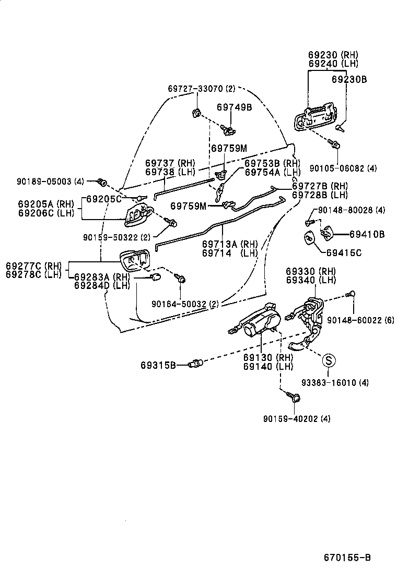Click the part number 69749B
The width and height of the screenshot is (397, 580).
point(235,107)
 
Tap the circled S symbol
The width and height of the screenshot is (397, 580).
point(328,360)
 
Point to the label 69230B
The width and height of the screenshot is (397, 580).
point(349,79)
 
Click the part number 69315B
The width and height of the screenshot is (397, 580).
point(158,365)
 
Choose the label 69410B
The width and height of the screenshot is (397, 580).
point(367,235)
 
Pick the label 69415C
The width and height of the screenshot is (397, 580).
point(344,253)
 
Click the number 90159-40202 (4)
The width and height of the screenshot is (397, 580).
point(297,418)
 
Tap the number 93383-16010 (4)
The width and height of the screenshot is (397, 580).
point(335,382)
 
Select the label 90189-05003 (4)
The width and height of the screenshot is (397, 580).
point(50,182)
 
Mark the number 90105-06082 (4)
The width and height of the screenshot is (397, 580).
point(343,168)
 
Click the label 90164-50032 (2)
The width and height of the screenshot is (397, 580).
point(185,304)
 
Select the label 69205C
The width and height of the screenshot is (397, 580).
point(103,199)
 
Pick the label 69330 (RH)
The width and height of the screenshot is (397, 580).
point(310,271)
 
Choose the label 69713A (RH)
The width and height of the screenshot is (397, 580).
point(230,243)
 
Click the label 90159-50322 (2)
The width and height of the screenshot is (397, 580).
point(116,237)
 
